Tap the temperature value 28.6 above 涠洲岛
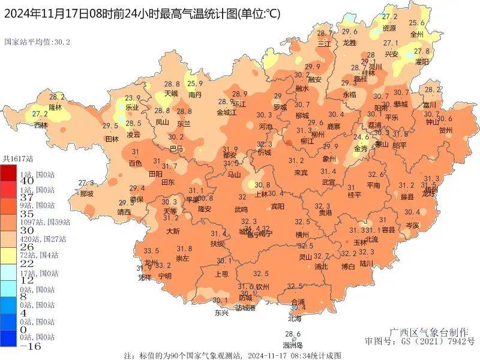point(292,334)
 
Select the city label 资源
point(389,28)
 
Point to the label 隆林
point(55,107)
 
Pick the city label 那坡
point(86,194)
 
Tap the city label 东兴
point(221,313)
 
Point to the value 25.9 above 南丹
point(196,84)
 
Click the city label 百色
point(136,163)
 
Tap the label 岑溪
point(412,224)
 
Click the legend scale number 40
point(10,181)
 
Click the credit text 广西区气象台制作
point(423,332)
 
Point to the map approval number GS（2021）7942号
point(419,341)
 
